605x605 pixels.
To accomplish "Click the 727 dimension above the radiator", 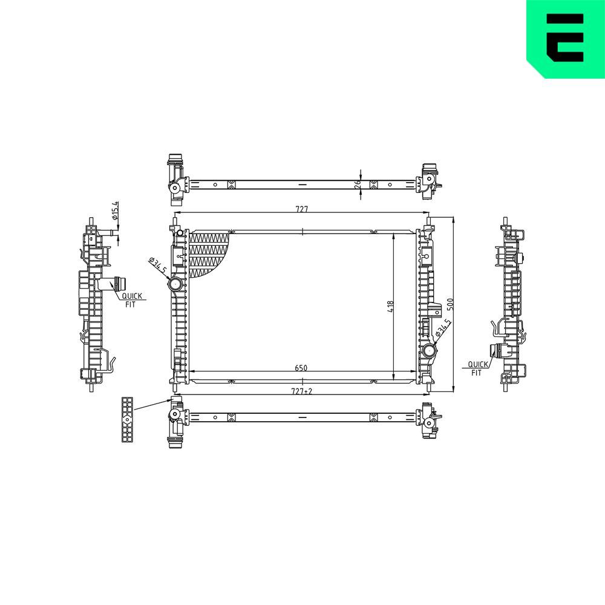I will pyautogui.click(x=302, y=209).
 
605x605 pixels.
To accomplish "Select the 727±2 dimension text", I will pyautogui.click(x=301, y=391).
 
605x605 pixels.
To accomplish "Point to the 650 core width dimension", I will pyautogui.click(x=301, y=367).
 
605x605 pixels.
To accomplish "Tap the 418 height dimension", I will pyautogui.click(x=391, y=307).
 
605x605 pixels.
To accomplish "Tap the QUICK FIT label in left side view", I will pyautogui.click(x=131, y=299).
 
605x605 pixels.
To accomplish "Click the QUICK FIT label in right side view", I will pyautogui.click(x=477, y=368).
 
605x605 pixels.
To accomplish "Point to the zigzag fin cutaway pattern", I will pyautogui.click(x=208, y=254).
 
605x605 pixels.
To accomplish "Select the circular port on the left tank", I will pyautogui.click(x=176, y=284).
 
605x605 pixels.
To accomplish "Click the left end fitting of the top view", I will pyautogui.click(x=176, y=178).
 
